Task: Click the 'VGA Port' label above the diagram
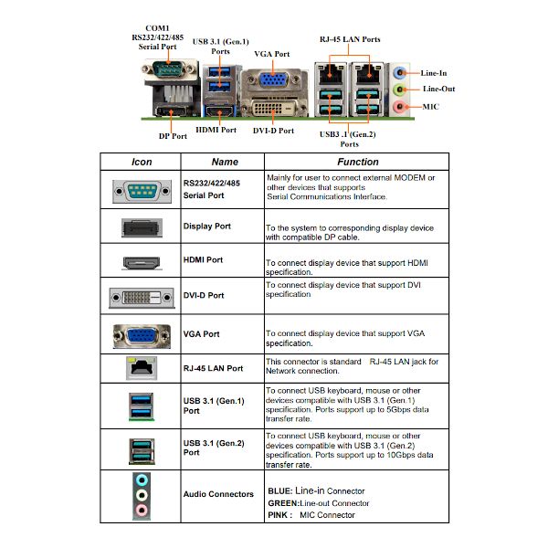click(272, 54)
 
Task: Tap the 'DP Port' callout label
click(173, 136)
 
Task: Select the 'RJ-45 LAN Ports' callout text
click(350, 39)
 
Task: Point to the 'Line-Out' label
click(438, 89)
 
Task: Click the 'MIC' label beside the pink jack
click(430, 107)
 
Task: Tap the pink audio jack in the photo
click(399, 106)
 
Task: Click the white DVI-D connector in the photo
click(273, 108)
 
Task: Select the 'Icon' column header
click(142, 162)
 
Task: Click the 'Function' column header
click(358, 162)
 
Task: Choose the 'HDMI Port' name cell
click(203, 259)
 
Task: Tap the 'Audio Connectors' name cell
click(218, 494)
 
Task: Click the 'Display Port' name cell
click(207, 227)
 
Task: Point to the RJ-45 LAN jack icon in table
click(142, 368)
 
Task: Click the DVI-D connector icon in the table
click(142, 298)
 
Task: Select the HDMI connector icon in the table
click(142, 263)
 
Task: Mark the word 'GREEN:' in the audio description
click(284, 503)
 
